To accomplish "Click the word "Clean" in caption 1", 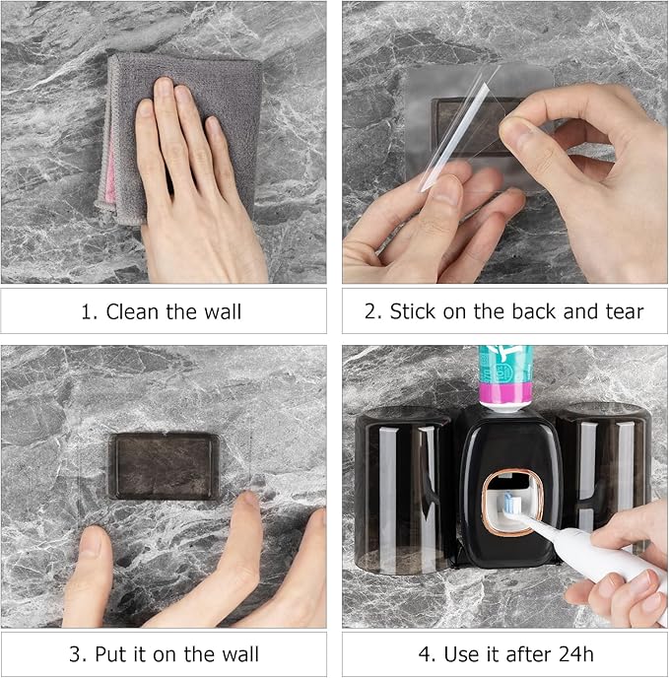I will tap(131, 312).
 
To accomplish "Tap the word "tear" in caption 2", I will tap(621, 312).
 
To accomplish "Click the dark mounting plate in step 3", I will tap(164, 465).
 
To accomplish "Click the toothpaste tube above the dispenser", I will tap(504, 374).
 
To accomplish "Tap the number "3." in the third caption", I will tap(78, 654).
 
